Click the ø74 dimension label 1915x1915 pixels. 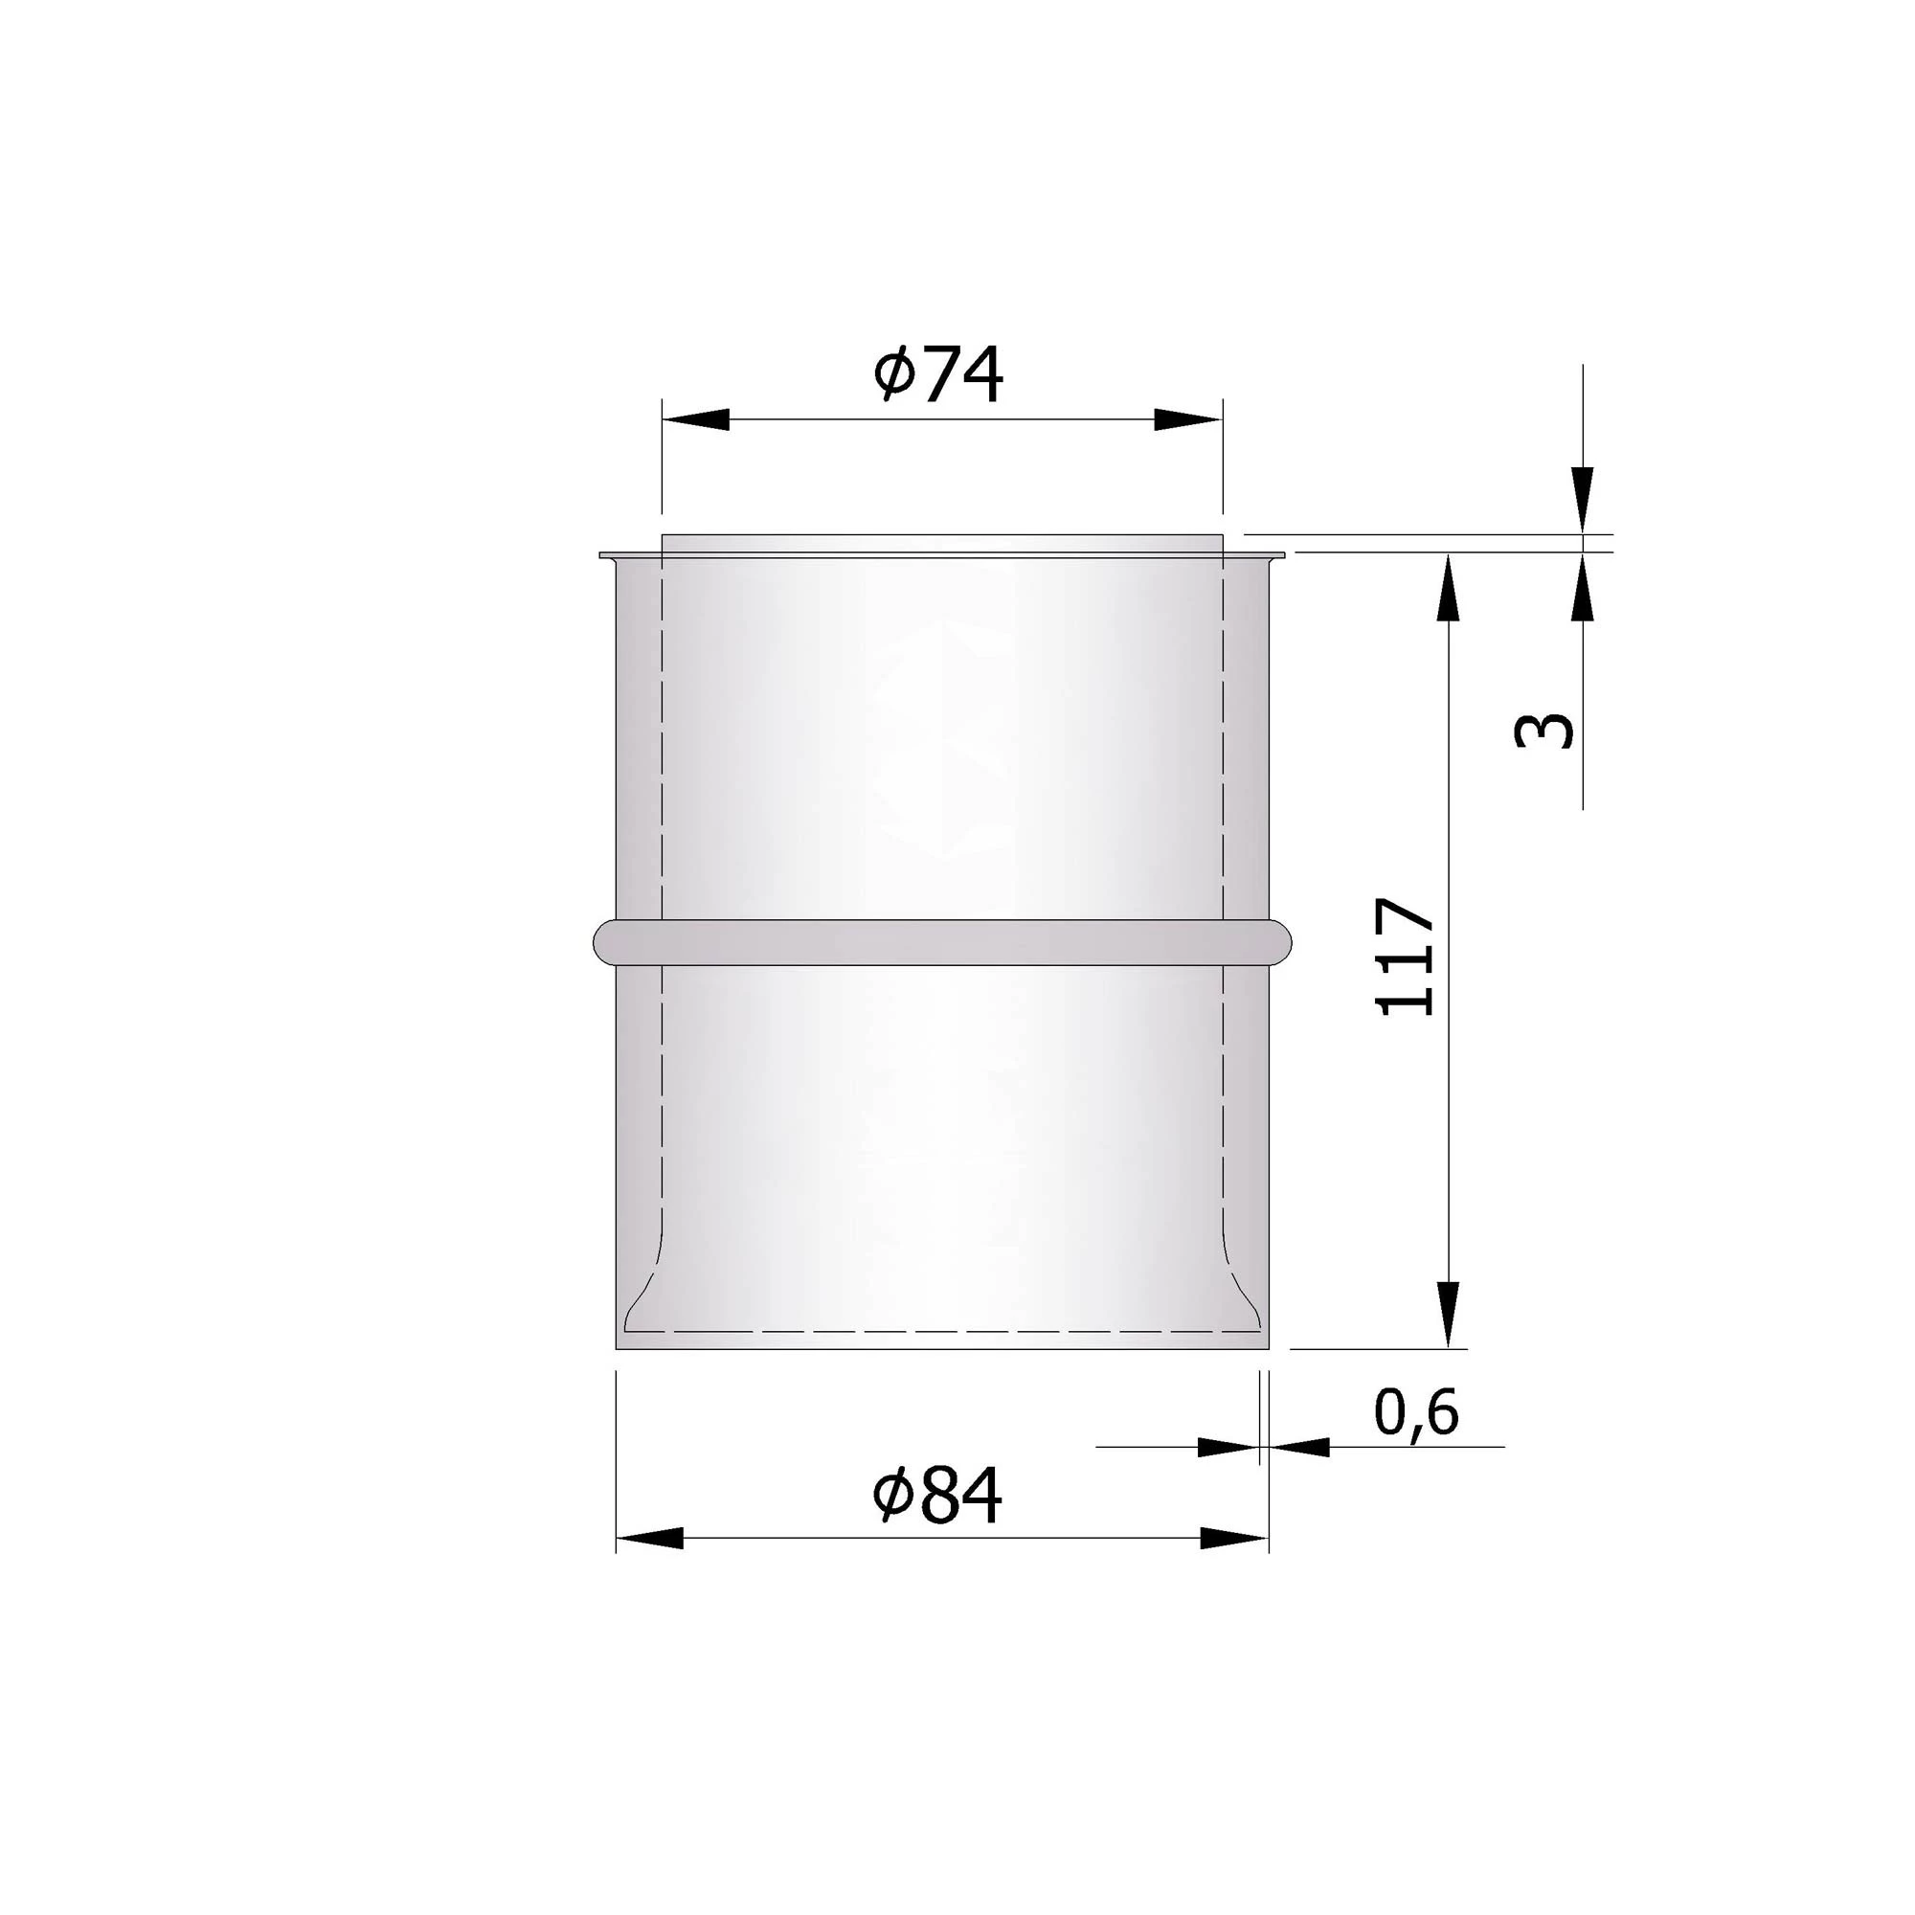coord(938,374)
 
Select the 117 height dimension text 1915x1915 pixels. coord(1407,957)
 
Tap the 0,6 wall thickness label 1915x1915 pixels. coord(1416,1412)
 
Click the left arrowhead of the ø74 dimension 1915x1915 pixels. coord(696,419)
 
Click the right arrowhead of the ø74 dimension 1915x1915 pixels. coord(1188,419)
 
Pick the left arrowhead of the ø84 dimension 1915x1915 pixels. coord(649,1539)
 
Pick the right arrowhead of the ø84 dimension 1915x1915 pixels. coord(1234,1539)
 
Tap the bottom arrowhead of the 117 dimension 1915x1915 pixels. coord(1449,1315)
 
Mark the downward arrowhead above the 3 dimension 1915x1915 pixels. coord(1583,499)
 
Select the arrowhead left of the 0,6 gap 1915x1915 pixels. coord(1228,1447)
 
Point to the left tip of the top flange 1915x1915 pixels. coord(602,555)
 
